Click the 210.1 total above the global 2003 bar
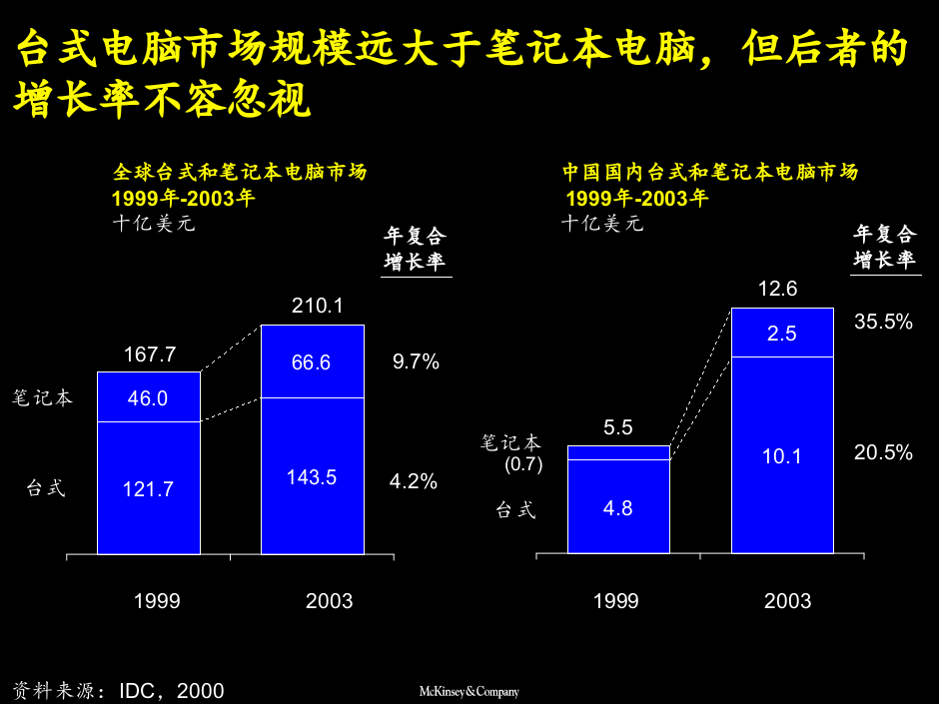coord(317,306)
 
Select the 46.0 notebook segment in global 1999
coord(148,398)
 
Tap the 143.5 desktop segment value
coord(312,477)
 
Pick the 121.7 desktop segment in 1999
coord(148,489)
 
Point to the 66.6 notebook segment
coord(311,362)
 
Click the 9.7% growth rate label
coord(416,361)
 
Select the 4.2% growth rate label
coord(414,481)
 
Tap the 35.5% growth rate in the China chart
coord(883,322)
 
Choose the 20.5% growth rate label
coord(883,452)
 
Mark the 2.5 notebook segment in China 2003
coord(781,334)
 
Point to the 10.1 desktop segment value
coord(781,456)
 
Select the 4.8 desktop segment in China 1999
coord(617,508)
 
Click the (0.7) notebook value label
coord(522,464)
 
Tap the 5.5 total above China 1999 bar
coord(617,427)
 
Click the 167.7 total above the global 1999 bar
coord(149,354)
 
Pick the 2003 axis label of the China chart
coord(787,601)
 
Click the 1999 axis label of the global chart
coord(157,601)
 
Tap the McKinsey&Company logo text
coord(468,691)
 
